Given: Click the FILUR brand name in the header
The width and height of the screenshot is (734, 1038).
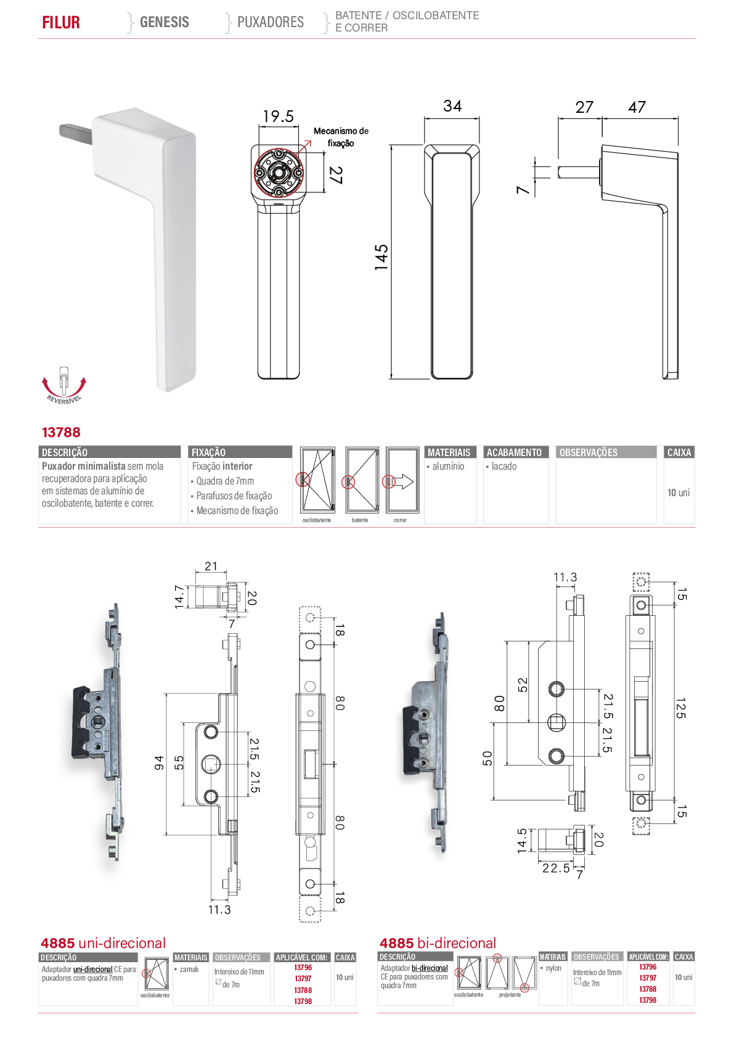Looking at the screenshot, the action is tap(60, 22).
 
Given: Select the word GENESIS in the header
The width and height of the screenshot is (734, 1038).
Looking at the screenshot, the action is tap(165, 22).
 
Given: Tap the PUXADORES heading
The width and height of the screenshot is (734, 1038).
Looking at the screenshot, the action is tap(271, 22).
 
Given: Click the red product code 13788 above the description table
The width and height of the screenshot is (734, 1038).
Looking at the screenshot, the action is tap(61, 432).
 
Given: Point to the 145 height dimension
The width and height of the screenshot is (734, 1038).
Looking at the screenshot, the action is tap(381, 258).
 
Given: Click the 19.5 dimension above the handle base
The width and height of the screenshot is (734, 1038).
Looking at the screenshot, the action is tap(278, 116).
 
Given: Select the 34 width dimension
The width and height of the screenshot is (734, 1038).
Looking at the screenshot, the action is tap(452, 106).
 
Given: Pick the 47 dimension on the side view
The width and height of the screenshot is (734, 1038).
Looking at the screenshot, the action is tap(637, 107).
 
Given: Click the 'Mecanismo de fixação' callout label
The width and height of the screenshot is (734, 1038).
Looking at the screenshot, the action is tap(341, 137).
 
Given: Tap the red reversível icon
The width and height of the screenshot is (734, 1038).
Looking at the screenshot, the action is tap(64, 385).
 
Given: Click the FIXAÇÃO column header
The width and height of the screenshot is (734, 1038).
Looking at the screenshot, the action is tap(208, 452).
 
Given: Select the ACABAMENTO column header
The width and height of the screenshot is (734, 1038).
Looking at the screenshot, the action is tap(514, 452).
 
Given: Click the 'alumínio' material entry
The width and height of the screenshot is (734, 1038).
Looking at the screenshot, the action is tap(448, 466).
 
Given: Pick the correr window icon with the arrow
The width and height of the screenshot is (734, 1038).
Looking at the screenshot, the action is tap(402, 480).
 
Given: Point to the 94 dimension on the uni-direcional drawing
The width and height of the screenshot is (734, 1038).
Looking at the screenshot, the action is tap(159, 762).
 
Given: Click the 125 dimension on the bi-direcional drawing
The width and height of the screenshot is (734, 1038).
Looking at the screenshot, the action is tap(680, 708).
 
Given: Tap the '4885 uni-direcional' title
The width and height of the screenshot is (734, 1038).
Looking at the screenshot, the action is tap(104, 943).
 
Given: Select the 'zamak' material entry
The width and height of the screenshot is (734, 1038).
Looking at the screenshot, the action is tap(189, 969).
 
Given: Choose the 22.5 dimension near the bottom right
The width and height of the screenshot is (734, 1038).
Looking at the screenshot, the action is tap(556, 868).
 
